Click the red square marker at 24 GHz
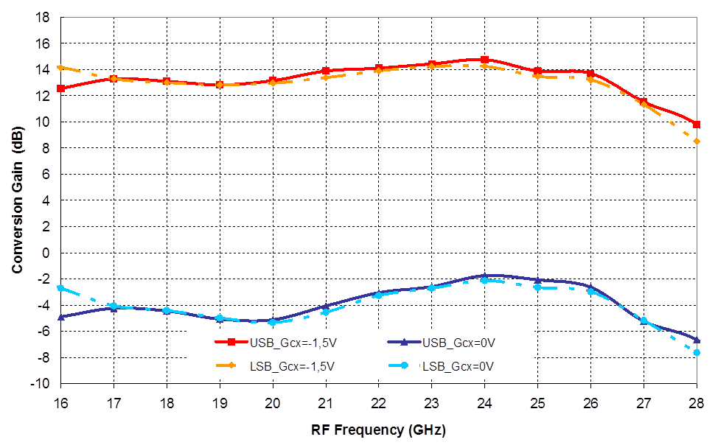coord(484,60)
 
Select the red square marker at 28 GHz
coord(696,125)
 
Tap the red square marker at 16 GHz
coord(61,88)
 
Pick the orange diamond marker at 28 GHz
coord(696,141)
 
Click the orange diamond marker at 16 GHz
coord(61,68)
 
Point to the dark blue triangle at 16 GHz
coord(61,316)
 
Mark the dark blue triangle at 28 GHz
coord(696,339)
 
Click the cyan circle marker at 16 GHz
coord(61,288)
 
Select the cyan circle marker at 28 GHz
coord(696,353)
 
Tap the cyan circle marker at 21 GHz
coord(325,312)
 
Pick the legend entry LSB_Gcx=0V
coord(457,365)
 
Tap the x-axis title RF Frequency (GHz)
coord(378,429)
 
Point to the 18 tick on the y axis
coord(46,17)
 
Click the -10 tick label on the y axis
coord(43,384)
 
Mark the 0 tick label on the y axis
coord(49,253)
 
